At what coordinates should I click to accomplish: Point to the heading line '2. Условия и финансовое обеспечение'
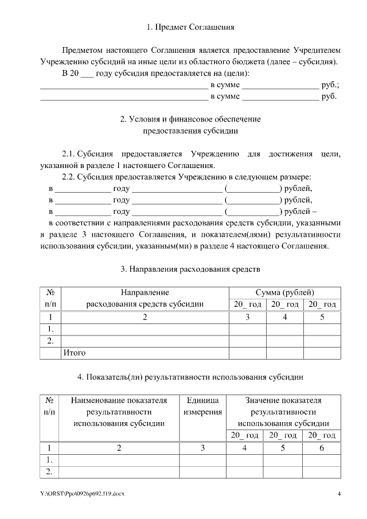(x=190, y=119)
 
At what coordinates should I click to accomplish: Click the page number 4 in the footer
(x=338, y=494)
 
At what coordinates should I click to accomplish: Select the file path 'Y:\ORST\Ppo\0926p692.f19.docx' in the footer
(x=82, y=494)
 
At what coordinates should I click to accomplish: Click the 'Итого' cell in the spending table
(x=74, y=353)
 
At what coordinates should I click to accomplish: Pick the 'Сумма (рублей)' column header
(x=284, y=292)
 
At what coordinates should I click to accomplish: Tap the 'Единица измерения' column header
(x=202, y=406)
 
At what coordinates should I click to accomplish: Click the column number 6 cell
(x=321, y=448)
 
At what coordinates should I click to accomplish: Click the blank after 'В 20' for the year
(x=87, y=73)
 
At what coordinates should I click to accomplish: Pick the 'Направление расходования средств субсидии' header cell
(x=145, y=298)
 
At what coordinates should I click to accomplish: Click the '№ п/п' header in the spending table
(x=50, y=298)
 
